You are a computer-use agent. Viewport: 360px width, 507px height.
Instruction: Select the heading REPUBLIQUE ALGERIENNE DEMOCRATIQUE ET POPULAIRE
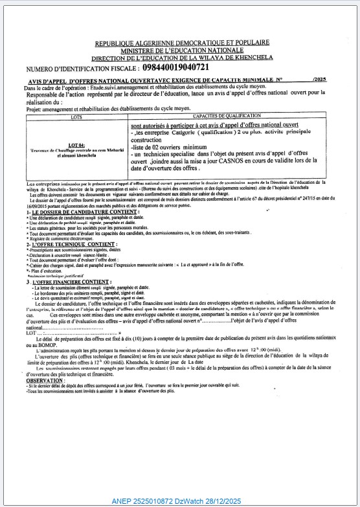point(182,43)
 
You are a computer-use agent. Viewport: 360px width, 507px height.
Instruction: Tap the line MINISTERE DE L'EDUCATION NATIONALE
point(182,51)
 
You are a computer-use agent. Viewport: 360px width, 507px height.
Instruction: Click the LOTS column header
point(77,117)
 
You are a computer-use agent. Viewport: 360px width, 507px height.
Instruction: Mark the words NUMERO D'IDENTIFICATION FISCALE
point(82,68)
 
